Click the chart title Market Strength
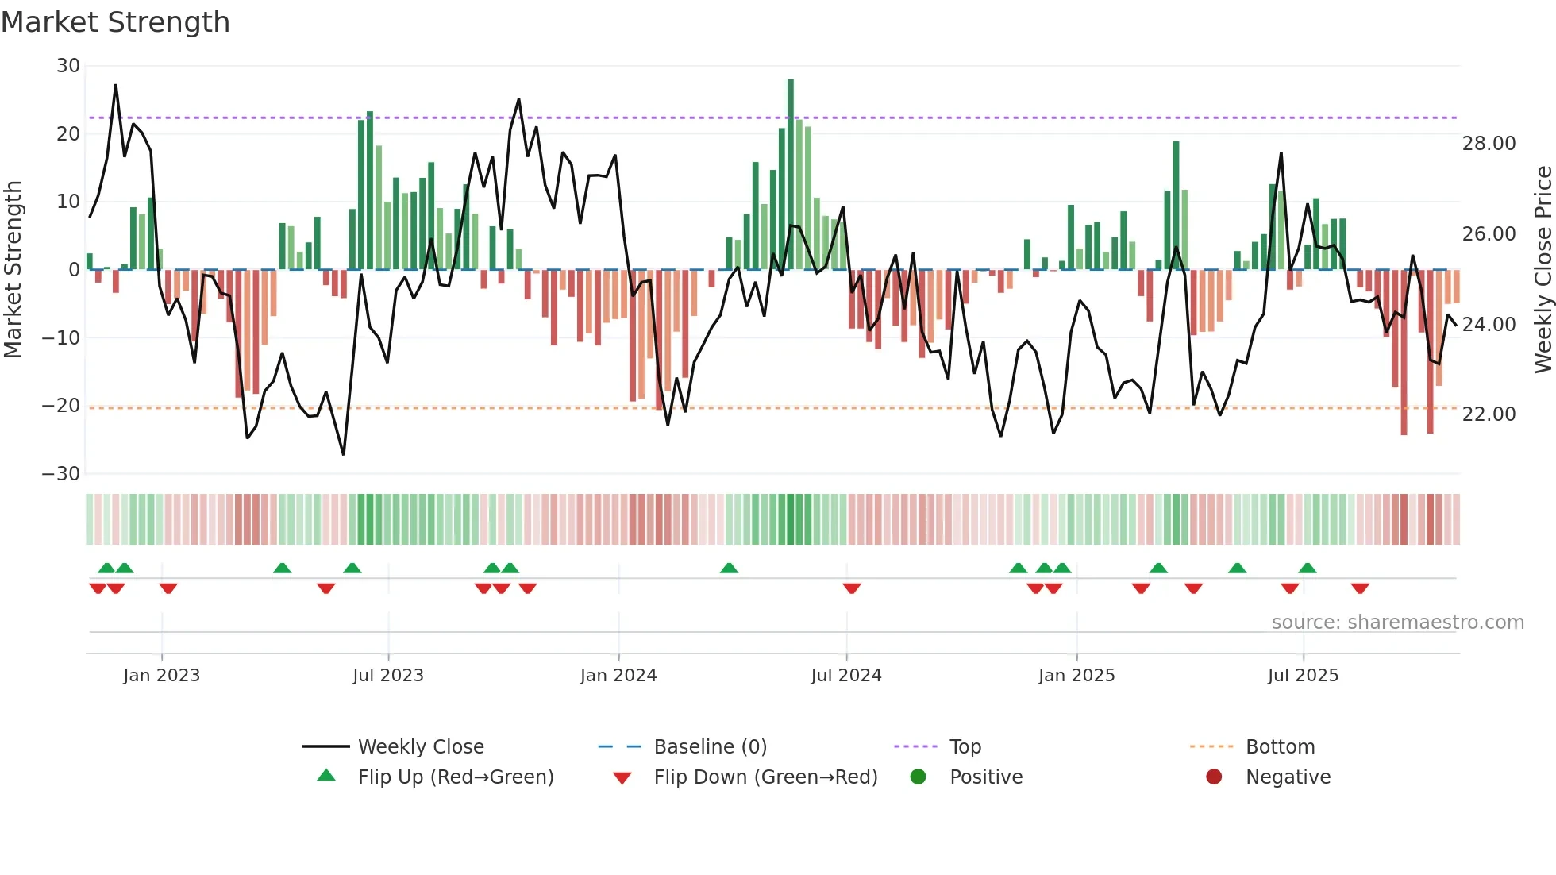116,22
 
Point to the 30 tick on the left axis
68,66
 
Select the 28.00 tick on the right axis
1489,144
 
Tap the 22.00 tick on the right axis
1489,414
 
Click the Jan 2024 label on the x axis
618,676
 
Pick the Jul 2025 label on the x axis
1303,676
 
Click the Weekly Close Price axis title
1543,270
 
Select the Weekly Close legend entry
420,747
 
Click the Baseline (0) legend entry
710,747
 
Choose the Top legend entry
965,747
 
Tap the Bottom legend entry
1280,747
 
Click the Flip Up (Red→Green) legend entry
455,777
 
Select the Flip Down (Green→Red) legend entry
765,777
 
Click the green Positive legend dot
918,777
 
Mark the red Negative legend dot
1214,777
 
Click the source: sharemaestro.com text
1397,623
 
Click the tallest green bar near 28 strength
791,175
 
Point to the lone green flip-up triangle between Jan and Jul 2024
729,569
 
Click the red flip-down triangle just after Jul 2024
852,588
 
